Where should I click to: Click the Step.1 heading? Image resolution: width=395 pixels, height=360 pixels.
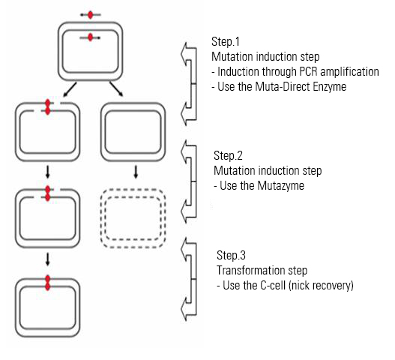(x=226, y=41)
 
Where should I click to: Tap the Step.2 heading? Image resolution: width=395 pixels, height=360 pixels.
(x=228, y=155)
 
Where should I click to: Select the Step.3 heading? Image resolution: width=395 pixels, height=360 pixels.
(x=231, y=255)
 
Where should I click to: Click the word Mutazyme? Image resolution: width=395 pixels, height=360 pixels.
(x=280, y=186)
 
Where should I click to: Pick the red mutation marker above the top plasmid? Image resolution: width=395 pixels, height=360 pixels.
(x=91, y=15)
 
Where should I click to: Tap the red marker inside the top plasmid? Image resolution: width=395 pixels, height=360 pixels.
(x=91, y=37)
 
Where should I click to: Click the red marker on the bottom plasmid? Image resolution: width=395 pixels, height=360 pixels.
(x=48, y=283)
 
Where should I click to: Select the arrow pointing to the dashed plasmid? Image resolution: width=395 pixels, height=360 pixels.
(x=136, y=172)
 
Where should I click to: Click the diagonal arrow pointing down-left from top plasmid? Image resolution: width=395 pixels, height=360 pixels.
(x=70, y=89)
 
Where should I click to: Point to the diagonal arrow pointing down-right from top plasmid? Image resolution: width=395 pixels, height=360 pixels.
(x=116, y=89)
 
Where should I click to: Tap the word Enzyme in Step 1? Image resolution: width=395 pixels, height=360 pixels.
(x=329, y=87)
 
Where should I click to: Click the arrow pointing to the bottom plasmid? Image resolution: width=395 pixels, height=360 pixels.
(x=48, y=259)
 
